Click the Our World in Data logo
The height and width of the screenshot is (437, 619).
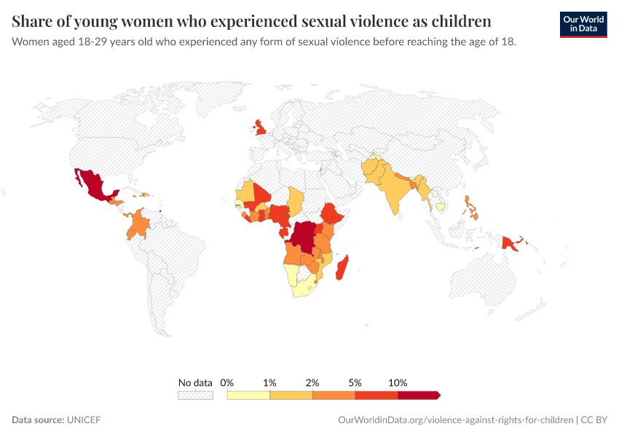click(x=583, y=24)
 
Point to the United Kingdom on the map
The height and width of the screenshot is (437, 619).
click(x=260, y=130)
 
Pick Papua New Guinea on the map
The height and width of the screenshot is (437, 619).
click(x=513, y=243)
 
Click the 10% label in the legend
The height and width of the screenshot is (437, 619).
click(x=398, y=382)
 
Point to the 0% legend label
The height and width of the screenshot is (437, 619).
click(x=227, y=382)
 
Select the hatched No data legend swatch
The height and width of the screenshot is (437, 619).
click(x=195, y=395)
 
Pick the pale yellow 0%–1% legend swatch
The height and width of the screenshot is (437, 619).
click(x=248, y=395)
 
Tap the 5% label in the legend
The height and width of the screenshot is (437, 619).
click(x=355, y=382)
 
